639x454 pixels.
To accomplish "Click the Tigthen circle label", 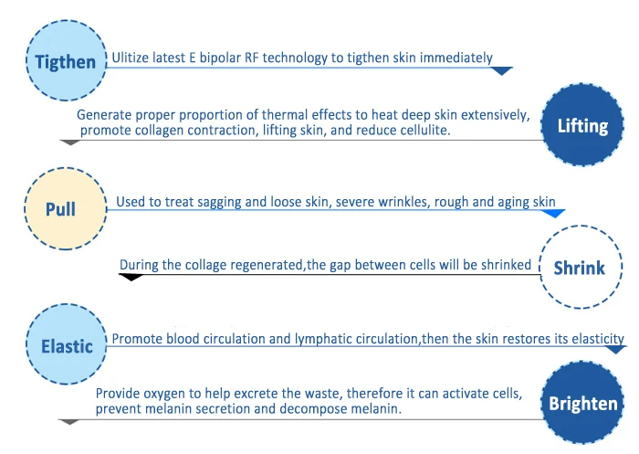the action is coord(66,60).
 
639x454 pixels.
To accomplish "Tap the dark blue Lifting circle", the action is coord(582,125).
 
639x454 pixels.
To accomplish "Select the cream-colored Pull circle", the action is coord(65,208).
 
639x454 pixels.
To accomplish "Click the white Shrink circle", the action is coord(581,267).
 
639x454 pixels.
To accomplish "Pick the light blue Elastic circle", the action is coord(66,344).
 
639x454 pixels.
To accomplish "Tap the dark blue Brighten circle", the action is coord(582,403).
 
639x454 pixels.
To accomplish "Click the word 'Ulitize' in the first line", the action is coord(130,58).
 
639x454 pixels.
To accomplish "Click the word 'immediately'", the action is coord(456,58).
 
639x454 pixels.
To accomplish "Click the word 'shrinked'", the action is coord(506,265).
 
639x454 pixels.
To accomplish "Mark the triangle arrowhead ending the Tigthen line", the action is coord(502,71).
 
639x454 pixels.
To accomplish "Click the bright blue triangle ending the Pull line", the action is coord(554,214).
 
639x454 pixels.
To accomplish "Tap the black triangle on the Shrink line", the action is coord(131,278).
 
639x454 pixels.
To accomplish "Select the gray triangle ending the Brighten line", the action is coord(68,422).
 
